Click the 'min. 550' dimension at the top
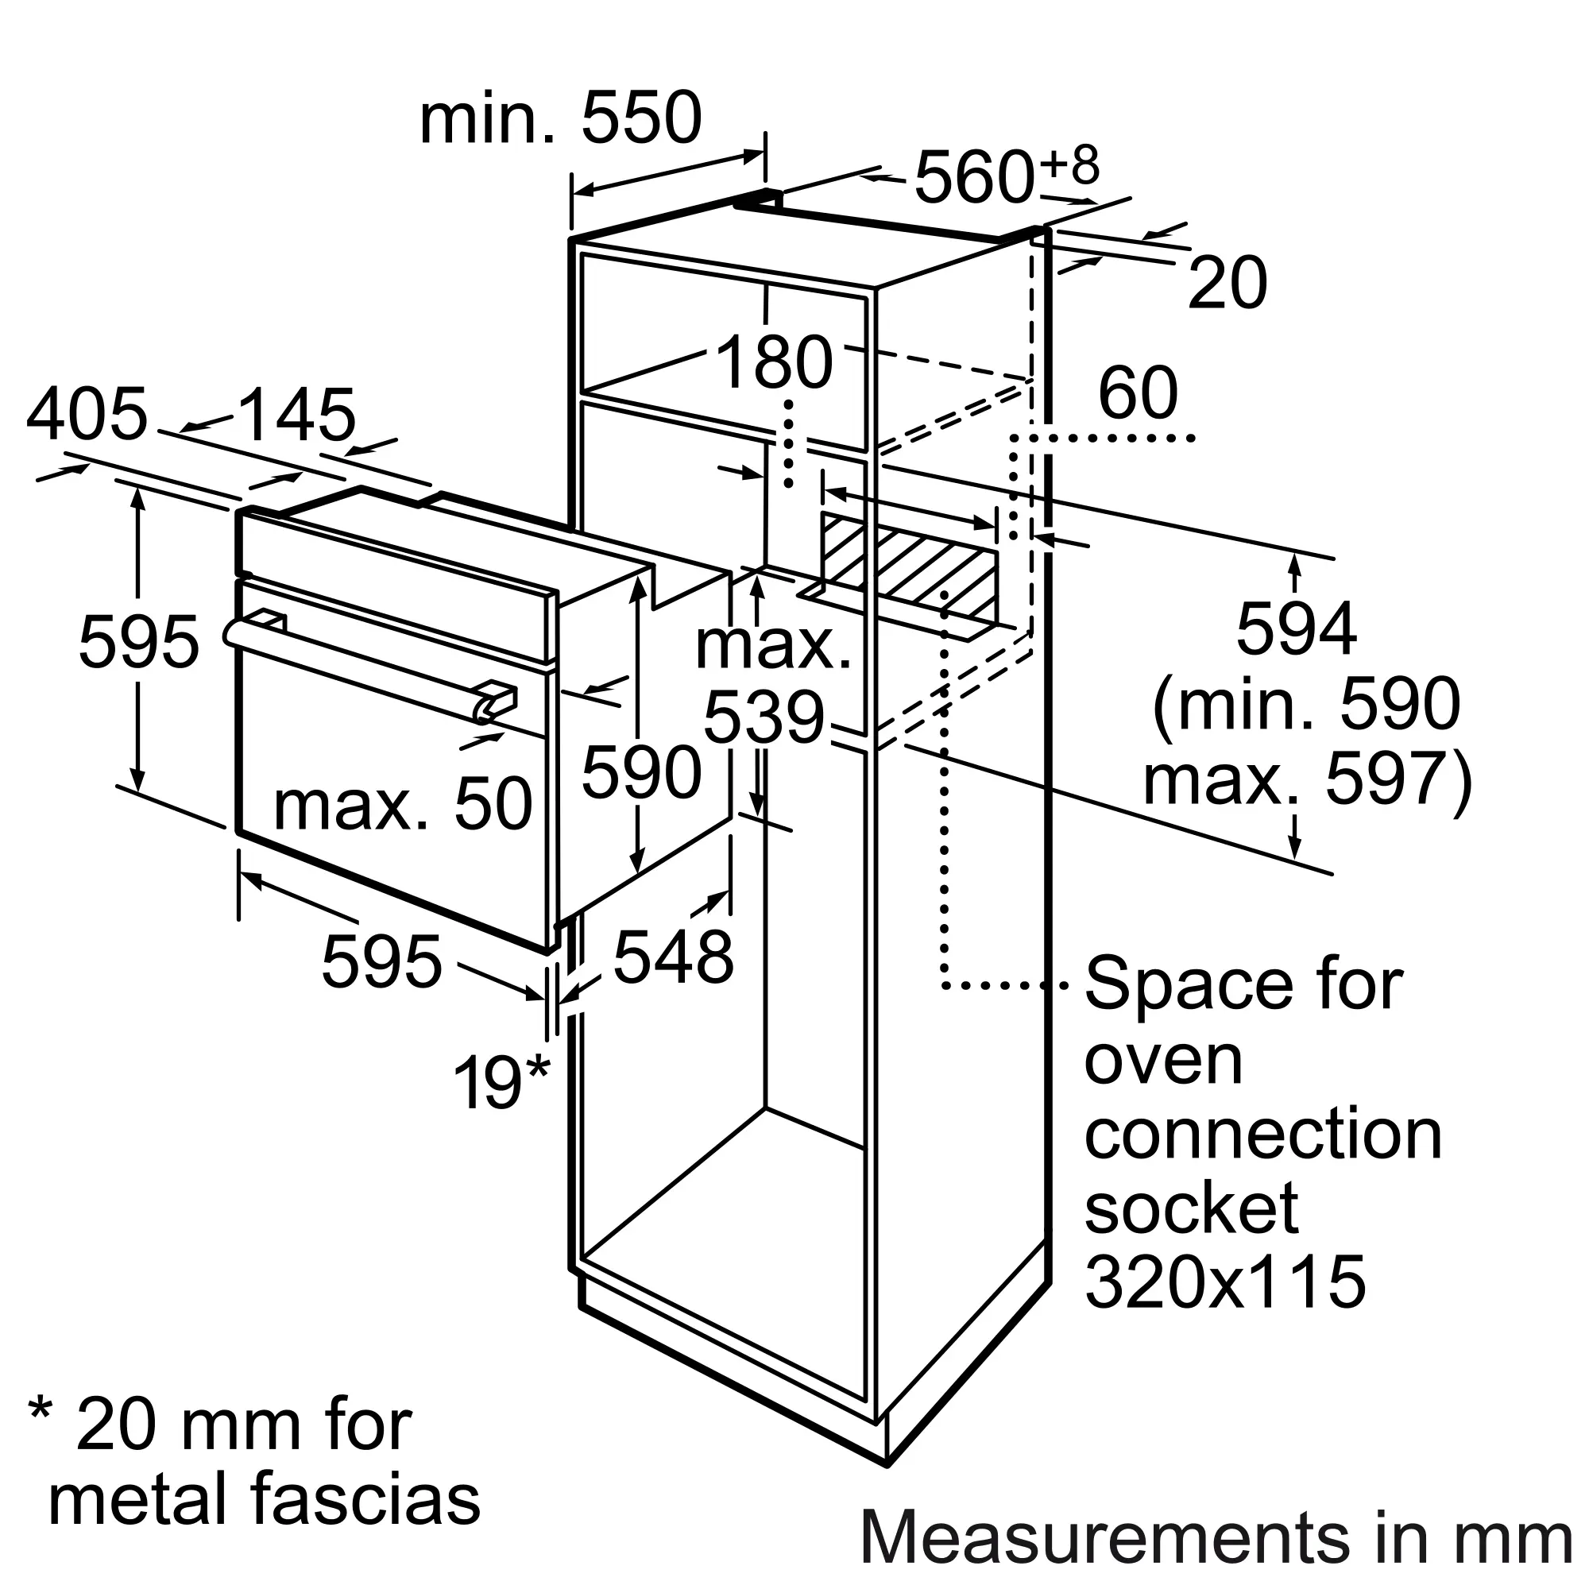[x=560, y=119]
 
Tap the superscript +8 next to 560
[x=1069, y=164]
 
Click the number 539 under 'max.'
[x=764, y=719]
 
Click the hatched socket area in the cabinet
[x=909, y=567]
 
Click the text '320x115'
[x=1225, y=1281]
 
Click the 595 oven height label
[x=139, y=641]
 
